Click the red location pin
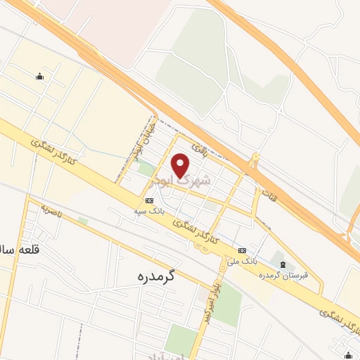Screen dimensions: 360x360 pos(181,165)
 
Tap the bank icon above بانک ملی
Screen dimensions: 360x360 pos(242,250)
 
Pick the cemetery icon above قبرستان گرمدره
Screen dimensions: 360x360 pos(283,263)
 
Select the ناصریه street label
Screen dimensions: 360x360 pos(53,209)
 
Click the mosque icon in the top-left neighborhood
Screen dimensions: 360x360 pos(39,77)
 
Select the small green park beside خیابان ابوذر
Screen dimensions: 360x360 pos(146,169)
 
